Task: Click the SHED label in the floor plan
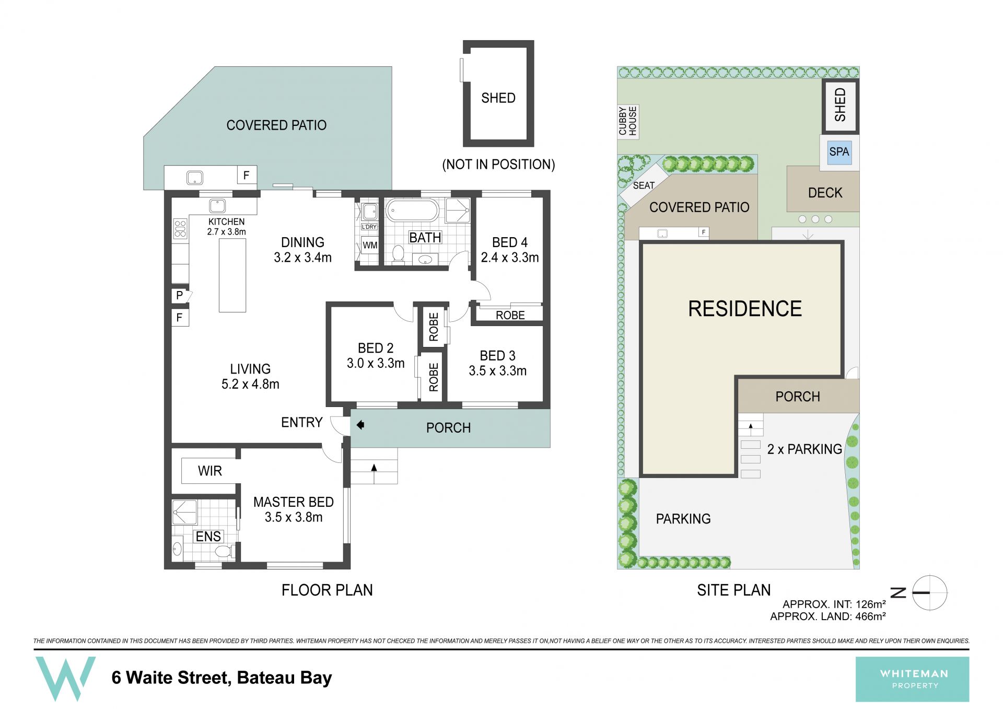(x=498, y=98)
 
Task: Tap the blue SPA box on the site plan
(x=839, y=152)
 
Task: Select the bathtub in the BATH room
(x=412, y=211)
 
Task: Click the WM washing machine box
(x=370, y=245)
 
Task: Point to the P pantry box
(x=180, y=296)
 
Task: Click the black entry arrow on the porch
(x=360, y=425)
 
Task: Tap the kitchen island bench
(x=232, y=274)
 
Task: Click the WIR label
(x=210, y=471)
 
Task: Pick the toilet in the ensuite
(x=224, y=551)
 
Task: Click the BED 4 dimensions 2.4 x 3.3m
(x=510, y=258)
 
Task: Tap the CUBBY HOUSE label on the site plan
(x=628, y=121)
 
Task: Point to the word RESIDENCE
(x=745, y=309)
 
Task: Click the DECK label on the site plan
(x=825, y=193)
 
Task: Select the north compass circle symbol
(x=930, y=593)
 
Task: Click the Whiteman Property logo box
(x=912, y=679)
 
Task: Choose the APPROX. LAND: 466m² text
(x=828, y=617)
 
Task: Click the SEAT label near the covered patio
(x=644, y=185)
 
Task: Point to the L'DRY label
(x=369, y=227)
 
